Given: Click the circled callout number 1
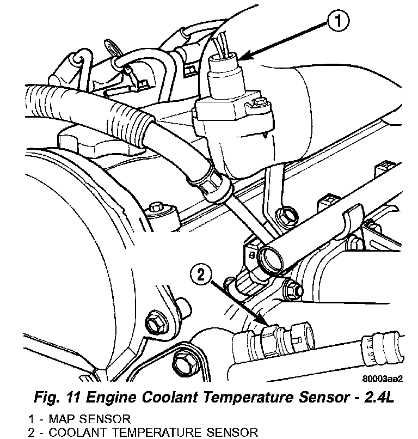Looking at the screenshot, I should (x=338, y=22).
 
